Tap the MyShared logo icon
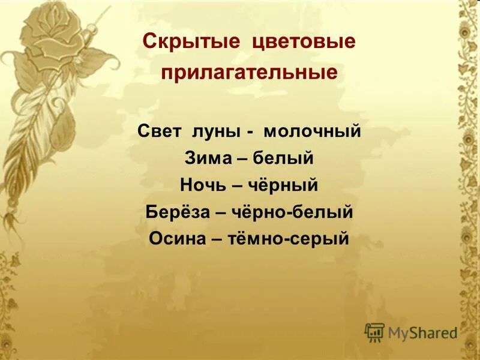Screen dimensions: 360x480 (x=375, y=332)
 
